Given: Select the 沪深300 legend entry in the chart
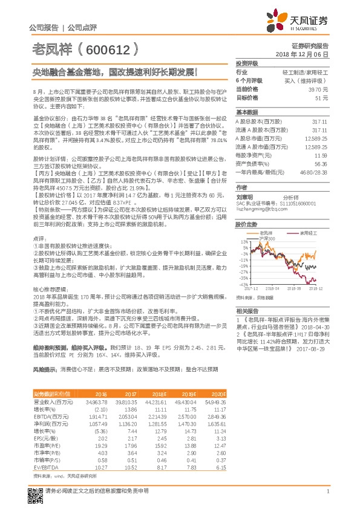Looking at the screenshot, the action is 266,238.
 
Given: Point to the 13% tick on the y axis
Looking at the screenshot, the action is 243,242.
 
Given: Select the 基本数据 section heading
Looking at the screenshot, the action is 246,112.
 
